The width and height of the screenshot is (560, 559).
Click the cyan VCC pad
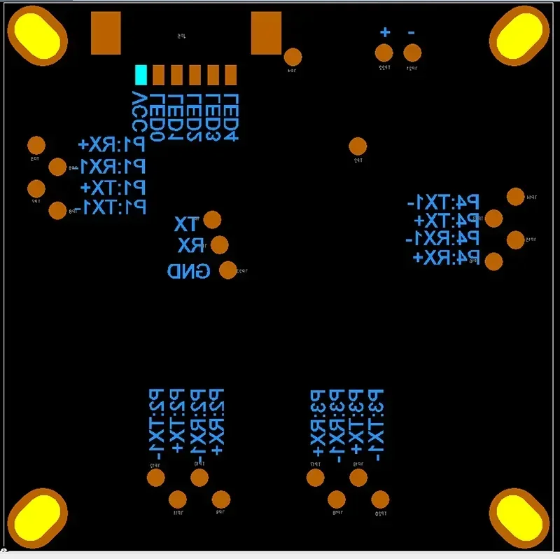(x=141, y=74)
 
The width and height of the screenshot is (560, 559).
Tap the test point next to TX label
(x=211, y=220)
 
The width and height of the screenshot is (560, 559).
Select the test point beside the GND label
(x=228, y=270)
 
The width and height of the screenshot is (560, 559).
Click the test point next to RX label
(x=220, y=244)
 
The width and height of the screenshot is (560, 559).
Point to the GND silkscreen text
(x=189, y=271)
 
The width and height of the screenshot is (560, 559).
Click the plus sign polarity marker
(x=384, y=32)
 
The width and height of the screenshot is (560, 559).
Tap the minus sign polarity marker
(x=411, y=32)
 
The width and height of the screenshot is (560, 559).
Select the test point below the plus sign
(x=384, y=53)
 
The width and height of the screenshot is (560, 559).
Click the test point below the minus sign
(x=413, y=53)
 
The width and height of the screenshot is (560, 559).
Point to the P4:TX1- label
(x=444, y=203)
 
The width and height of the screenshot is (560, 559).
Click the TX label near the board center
(x=186, y=225)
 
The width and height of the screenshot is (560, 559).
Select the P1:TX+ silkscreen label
(x=113, y=188)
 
